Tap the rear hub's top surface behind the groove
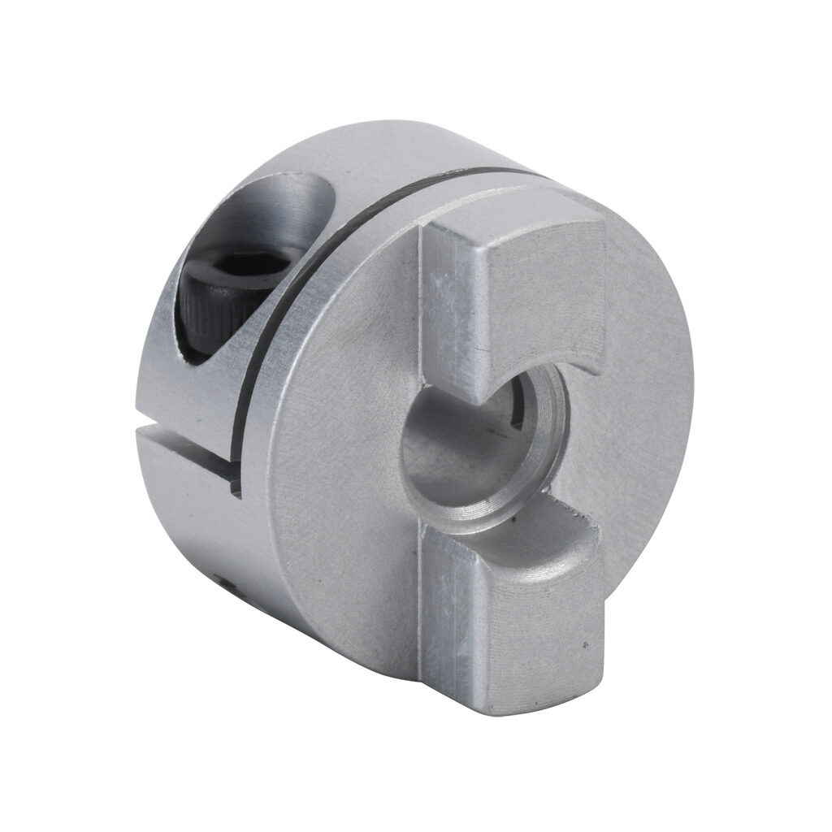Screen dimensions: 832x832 (x=382, y=158)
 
